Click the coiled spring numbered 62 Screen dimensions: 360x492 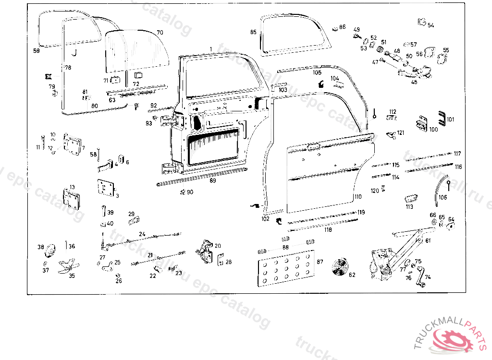point(341,267)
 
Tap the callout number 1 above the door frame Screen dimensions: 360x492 point(210,49)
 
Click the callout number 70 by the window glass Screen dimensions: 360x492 point(160,33)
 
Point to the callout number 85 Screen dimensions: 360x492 point(253,32)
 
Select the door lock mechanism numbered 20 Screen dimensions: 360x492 point(206,252)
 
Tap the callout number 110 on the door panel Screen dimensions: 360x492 point(358,197)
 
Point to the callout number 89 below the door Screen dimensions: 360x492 point(213,181)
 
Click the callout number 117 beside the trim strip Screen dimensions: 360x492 point(457,154)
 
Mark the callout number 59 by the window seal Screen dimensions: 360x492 point(37,50)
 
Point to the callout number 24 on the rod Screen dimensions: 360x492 point(142,234)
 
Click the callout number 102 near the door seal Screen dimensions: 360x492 point(265,218)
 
